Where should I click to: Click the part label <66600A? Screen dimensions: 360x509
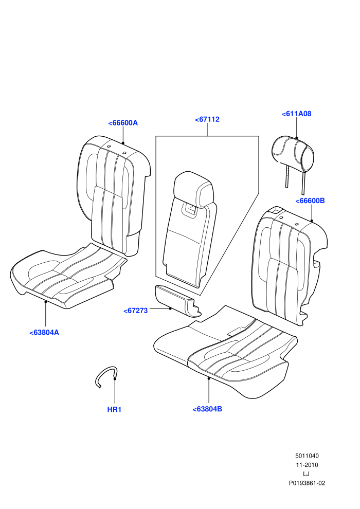click(123, 123)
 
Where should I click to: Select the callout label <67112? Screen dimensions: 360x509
click(207, 119)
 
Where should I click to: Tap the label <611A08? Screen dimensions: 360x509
click(296, 114)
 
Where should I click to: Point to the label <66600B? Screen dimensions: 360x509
click(310, 201)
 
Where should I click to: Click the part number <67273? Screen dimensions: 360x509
click(136, 311)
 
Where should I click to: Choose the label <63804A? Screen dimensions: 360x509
click(44, 333)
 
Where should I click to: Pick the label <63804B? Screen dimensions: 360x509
click(207, 409)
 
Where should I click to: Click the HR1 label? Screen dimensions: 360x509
click(114, 409)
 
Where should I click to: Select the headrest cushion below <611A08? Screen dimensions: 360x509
click(293, 154)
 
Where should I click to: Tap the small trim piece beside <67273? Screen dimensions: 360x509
click(178, 300)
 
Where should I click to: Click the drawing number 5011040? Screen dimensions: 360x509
click(307, 456)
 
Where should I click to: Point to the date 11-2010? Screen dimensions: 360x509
click(307, 465)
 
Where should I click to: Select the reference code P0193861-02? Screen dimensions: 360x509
click(307, 483)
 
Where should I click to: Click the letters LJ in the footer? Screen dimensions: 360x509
click(307, 474)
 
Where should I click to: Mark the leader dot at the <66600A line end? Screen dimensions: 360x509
click(123, 143)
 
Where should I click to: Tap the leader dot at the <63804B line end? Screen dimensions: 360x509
click(209, 378)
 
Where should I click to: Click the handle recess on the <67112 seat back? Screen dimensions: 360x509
click(191, 208)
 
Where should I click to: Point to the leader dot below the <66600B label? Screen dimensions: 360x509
click(312, 221)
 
